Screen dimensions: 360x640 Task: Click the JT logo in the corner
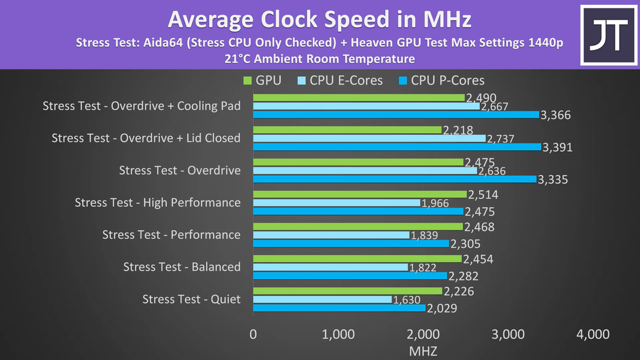[x=608, y=34]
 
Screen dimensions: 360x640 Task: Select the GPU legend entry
[x=263, y=80]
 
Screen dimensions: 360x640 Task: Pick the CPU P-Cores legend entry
[x=441, y=80]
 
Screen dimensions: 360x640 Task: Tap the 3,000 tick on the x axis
[x=507, y=334]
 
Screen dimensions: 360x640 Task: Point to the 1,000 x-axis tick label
[x=338, y=334]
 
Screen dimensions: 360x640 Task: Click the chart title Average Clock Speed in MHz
[x=319, y=20]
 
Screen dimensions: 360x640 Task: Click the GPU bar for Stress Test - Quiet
[x=347, y=291]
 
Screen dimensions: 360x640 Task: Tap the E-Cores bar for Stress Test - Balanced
[x=330, y=267]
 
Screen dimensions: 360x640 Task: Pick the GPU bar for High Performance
[x=360, y=194]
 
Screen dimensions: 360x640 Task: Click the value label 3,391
[x=557, y=147]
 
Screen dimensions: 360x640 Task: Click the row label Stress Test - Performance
[x=171, y=235]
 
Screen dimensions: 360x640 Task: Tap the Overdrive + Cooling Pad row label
[x=142, y=106]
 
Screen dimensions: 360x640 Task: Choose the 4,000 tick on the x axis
[x=593, y=334]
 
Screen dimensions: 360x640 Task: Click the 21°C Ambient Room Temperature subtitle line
[x=319, y=59]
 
